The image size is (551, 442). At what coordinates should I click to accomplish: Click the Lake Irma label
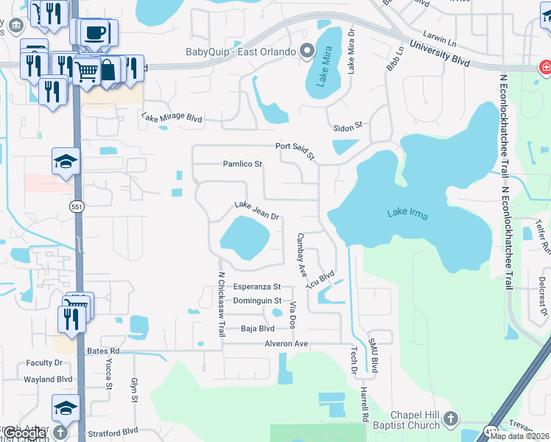tap(407, 214)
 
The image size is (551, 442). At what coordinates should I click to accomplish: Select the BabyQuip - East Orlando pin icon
tap(307, 52)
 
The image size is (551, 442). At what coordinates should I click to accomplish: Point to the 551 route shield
tap(77, 208)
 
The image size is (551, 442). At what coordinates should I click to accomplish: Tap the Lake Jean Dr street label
tap(256, 211)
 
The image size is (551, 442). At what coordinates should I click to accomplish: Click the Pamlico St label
tap(243, 164)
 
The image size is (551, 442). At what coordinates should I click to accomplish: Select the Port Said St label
tap(295, 151)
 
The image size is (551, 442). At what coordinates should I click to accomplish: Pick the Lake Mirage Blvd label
tap(172, 118)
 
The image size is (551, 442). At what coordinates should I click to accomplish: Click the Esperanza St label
tap(257, 287)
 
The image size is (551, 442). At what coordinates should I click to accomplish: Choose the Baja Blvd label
tap(258, 329)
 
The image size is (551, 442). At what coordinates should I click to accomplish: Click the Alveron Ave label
tap(287, 344)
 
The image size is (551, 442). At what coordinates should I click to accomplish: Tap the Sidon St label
tap(348, 126)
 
